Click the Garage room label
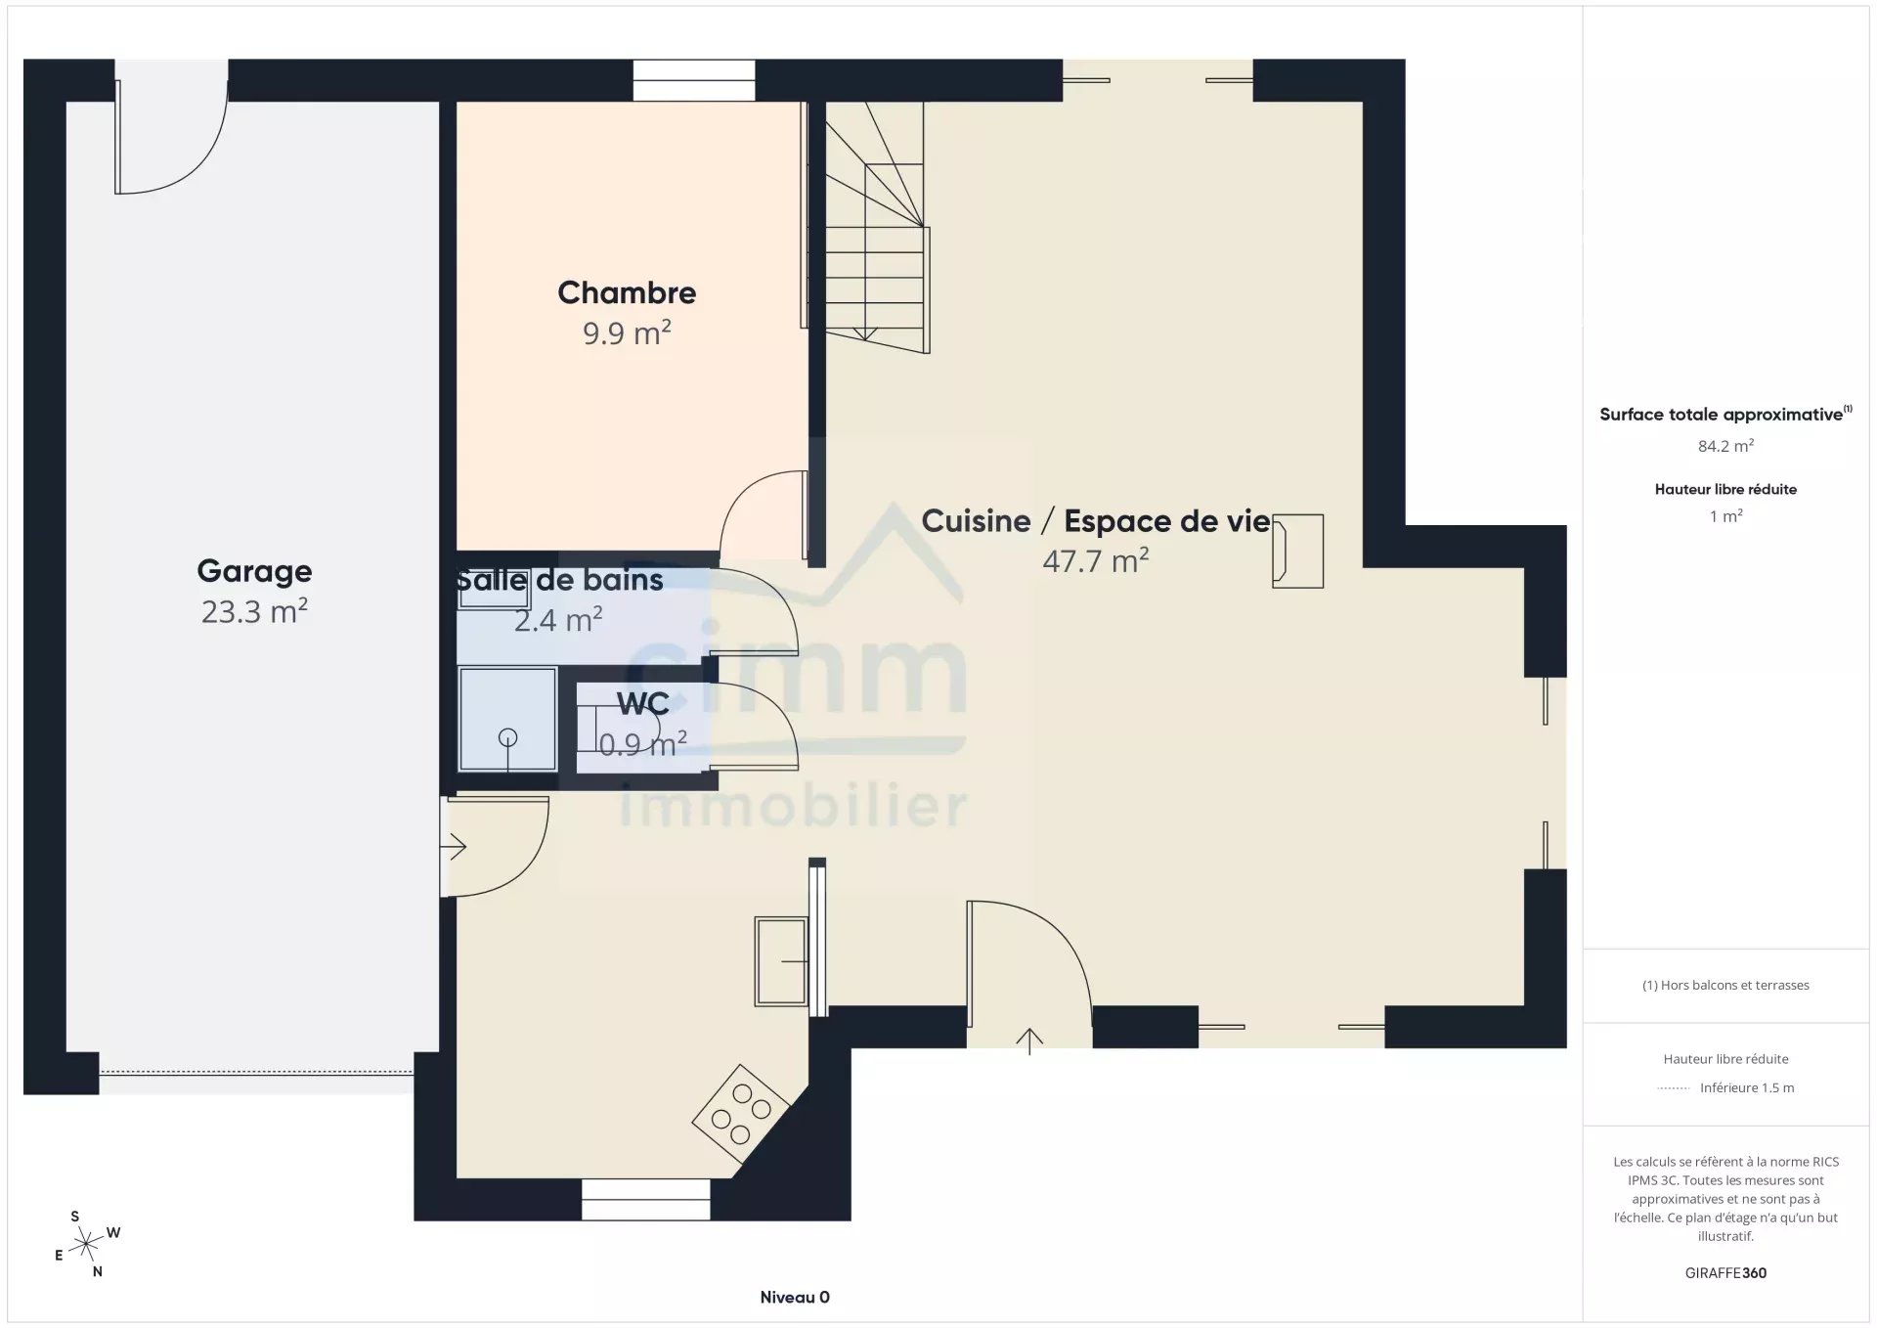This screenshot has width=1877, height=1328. (x=254, y=571)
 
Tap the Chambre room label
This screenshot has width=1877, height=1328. (x=627, y=292)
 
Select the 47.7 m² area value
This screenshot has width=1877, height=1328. (x=1096, y=560)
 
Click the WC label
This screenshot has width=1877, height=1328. (x=642, y=704)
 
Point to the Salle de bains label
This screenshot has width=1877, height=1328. (x=559, y=580)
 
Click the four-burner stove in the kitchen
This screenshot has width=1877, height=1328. (x=740, y=1113)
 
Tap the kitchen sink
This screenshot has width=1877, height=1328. (x=781, y=961)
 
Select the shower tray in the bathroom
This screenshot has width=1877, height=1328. (x=507, y=719)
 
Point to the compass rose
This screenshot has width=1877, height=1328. (x=87, y=1244)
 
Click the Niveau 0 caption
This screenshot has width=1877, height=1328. (x=795, y=1298)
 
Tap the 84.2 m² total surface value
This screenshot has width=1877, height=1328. (x=1725, y=446)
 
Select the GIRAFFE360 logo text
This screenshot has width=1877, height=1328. (x=1725, y=1273)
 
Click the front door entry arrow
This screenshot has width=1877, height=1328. (x=1029, y=1040)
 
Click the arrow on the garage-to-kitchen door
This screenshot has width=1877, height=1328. (x=455, y=847)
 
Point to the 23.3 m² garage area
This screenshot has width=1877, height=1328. (x=254, y=611)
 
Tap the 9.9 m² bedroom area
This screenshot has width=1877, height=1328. (x=627, y=332)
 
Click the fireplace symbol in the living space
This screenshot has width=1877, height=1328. (x=1298, y=552)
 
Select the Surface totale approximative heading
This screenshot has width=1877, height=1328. (x=1725, y=414)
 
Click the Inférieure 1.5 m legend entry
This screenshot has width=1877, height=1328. (x=1747, y=1087)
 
